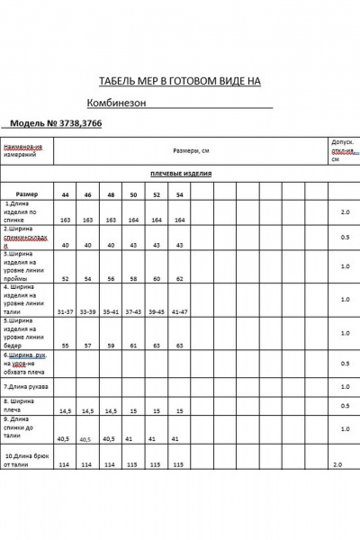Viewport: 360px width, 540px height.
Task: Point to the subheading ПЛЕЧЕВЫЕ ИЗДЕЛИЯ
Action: click(x=175, y=175)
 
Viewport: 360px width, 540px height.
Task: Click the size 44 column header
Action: click(x=65, y=194)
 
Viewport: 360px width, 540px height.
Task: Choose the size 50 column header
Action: click(x=133, y=194)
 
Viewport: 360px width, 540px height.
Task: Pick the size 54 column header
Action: click(x=179, y=194)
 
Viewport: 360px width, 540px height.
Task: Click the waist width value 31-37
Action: click(x=65, y=310)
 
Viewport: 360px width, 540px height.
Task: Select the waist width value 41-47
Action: click(x=179, y=310)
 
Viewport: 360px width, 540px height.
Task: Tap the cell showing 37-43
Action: click(x=133, y=310)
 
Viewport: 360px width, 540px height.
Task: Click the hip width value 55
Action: click(x=65, y=345)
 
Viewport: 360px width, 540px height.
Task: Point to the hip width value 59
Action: click(x=111, y=345)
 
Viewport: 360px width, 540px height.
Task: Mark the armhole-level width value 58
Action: click(x=133, y=279)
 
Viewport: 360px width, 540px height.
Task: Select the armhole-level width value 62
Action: click(x=179, y=279)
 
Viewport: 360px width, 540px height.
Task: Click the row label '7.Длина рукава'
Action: click(x=26, y=386)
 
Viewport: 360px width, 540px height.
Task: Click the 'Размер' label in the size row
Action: click(x=27, y=193)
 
